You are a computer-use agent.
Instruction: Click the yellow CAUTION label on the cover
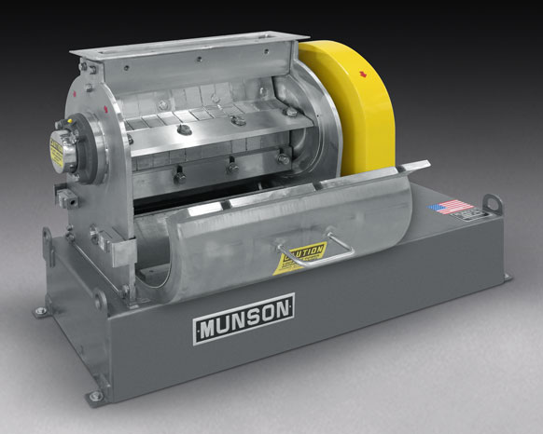click(x=301, y=259)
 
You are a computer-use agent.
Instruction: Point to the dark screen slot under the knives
click(x=224, y=185)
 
